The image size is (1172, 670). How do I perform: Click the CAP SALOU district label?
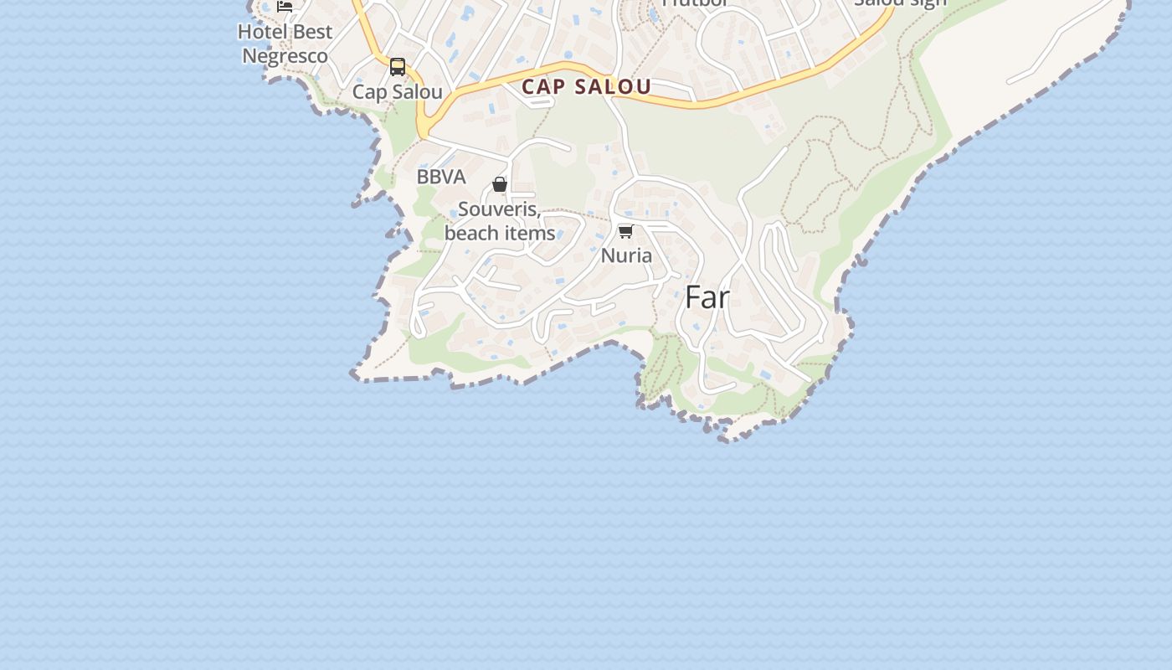pyautogui.click(x=586, y=86)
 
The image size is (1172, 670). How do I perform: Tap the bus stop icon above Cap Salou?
pyautogui.click(x=398, y=67)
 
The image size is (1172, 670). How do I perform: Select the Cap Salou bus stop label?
pyautogui.click(x=397, y=91)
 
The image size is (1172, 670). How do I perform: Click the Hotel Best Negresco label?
pyautogui.click(x=285, y=44)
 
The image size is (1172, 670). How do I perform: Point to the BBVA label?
pyautogui.click(x=441, y=177)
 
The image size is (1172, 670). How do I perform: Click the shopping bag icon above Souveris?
pyautogui.click(x=500, y=184)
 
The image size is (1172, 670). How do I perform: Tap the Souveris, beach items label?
pyautogui.click(x=500, y=221)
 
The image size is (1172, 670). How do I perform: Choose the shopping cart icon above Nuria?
pyautogui.click(x=625, y=231)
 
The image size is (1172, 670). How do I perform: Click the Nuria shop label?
pyautogui.click(x=626, y=255)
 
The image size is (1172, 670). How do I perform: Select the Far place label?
pyautogui.click(x=707, y=297)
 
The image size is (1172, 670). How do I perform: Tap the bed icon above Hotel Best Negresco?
pyautogui.click(x=285, y=7)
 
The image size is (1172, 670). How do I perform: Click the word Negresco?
pyautogui.click(x=285, y=56)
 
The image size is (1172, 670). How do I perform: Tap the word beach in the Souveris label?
pyautogui.click(x=470, y=233)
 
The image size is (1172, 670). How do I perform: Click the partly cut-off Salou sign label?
pyautogui.click(x=900, y=3)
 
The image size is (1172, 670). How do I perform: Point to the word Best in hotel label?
pyautogui.click(x=311, y=32)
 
